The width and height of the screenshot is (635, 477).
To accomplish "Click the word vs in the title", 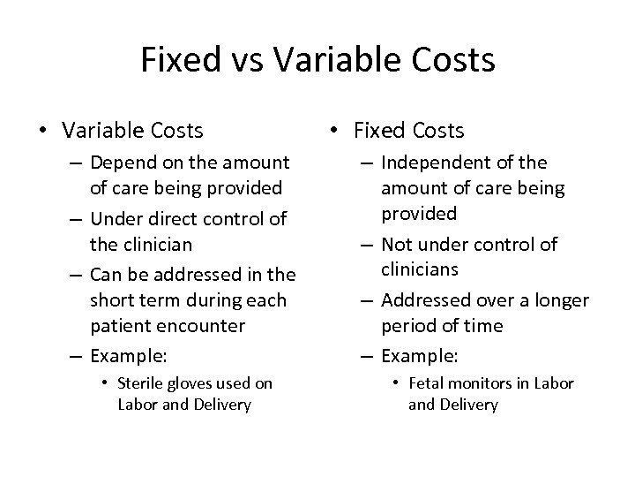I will [x=246, y=60].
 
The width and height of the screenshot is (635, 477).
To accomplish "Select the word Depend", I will [x=121, y=163].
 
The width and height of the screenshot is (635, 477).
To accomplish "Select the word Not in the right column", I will [x=396, y=245].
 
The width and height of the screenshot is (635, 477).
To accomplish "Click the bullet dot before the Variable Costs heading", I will [x=41, y=132].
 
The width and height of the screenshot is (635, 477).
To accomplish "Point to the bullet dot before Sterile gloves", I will [x=105, y=383].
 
